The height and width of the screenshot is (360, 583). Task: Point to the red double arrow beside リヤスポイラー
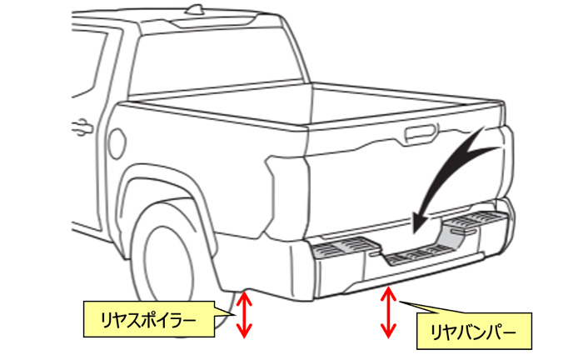[x=243, y=314]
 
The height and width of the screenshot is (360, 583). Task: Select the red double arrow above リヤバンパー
[x=387, y=312]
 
